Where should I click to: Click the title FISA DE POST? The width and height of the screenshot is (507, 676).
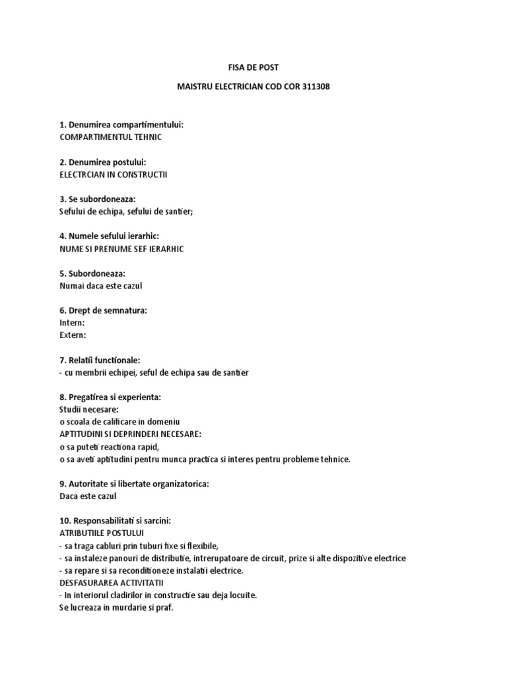tap(253, 67)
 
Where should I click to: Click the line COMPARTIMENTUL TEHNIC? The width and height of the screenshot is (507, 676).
tap(110, 137)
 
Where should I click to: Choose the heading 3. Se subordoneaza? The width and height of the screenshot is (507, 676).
tap(96, 199)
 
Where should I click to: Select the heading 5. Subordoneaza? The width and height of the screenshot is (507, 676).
tap(92, 273)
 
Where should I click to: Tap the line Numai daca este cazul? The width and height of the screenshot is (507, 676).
tap(100, 286)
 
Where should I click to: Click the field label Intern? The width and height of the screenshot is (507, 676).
tap(72, 323)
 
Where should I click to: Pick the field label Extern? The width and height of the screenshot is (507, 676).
tap(73, 335)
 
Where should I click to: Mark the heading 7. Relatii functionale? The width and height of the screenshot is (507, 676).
tap(100, 360)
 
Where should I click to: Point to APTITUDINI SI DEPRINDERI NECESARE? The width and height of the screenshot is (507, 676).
tap(130, 434)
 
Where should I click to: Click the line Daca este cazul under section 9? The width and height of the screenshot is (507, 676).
tap(88, 496)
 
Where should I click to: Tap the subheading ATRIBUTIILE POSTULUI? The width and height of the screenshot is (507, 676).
tap(102, 533)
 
